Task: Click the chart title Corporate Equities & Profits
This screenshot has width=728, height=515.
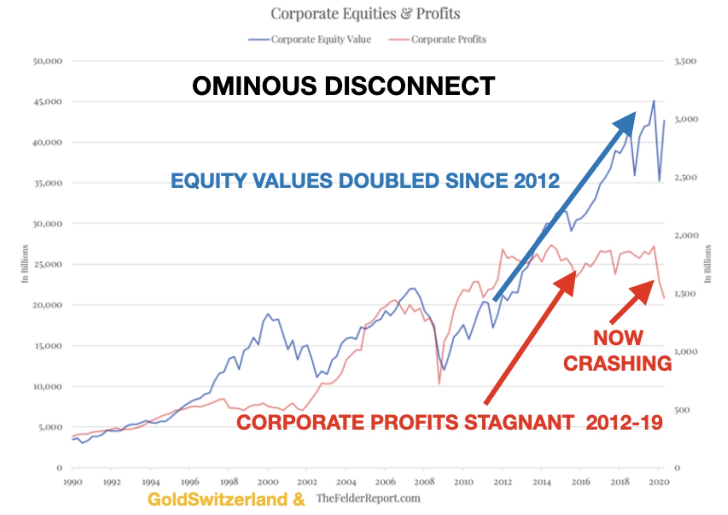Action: [365, 14]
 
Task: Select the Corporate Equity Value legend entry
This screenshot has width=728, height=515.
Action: [310, 40]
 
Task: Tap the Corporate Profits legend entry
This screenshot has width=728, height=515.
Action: [437, 40]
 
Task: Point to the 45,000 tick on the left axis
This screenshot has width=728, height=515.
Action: [48, 102]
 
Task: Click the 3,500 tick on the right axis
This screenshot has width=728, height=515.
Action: [685, 61]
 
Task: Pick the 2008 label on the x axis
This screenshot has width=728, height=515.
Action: [424, 482]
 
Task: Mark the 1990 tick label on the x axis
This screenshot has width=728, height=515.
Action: [72, 482]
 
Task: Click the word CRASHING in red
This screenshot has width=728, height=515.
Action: [617, 363]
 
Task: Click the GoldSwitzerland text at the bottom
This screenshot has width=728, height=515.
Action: [218, 499]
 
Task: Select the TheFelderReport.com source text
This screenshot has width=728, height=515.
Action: [368, 499]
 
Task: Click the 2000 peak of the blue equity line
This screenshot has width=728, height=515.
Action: [268, 314]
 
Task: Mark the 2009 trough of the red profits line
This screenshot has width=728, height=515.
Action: [439, 384]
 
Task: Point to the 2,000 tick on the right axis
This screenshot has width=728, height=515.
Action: [686, 236]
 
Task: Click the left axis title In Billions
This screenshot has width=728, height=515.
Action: [25, 264]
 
